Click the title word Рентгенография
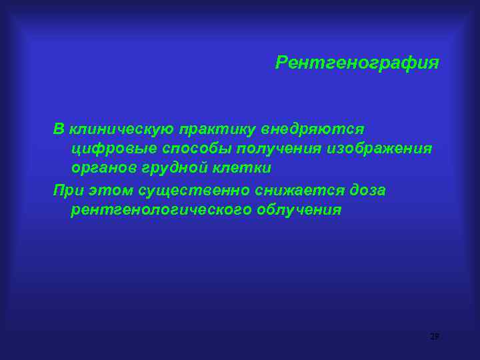(x=357, y=63)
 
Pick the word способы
(x=183, y=149)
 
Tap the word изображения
(x=379, y=149)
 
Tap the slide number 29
(x=435, y=337)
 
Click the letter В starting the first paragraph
(x=59, y=129)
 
